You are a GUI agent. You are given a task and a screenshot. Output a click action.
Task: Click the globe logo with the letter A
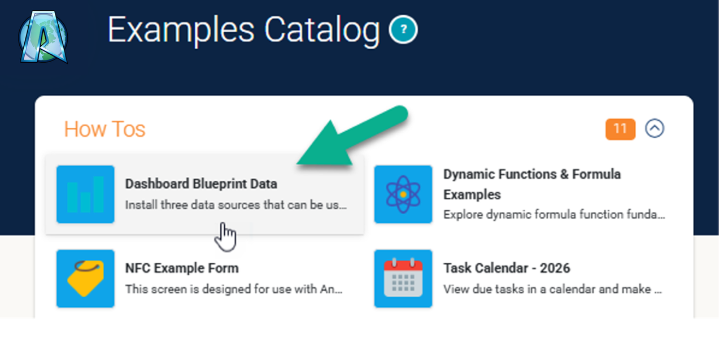point(43,37)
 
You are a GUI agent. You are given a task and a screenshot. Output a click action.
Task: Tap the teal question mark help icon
point(403,29)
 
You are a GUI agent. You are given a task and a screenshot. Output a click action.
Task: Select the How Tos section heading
point(104,129)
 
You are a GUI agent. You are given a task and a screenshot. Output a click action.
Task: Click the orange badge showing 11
point(620,129)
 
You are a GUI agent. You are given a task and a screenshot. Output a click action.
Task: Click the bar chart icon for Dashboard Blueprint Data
point(85,194)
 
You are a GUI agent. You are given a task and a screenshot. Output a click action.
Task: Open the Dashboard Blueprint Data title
point(201,184)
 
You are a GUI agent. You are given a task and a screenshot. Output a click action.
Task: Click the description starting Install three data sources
point(236,205)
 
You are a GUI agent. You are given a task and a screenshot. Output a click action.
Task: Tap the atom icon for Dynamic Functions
point(403,194)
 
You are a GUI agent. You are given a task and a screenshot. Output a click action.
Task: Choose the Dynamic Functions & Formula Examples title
point(532,184)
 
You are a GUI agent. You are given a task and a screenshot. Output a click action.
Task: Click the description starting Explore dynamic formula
point(554,215)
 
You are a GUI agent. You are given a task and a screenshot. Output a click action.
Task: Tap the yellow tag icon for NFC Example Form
point(85,279)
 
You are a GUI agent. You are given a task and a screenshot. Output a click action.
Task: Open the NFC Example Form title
point(182,268)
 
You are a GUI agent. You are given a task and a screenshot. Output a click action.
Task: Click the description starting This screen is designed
point(234,289)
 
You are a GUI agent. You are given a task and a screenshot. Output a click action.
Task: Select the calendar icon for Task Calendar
point(403,279)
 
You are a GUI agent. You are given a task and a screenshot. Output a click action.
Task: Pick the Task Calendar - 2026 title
point(507,268)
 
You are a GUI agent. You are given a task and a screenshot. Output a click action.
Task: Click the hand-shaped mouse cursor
point(226,237)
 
